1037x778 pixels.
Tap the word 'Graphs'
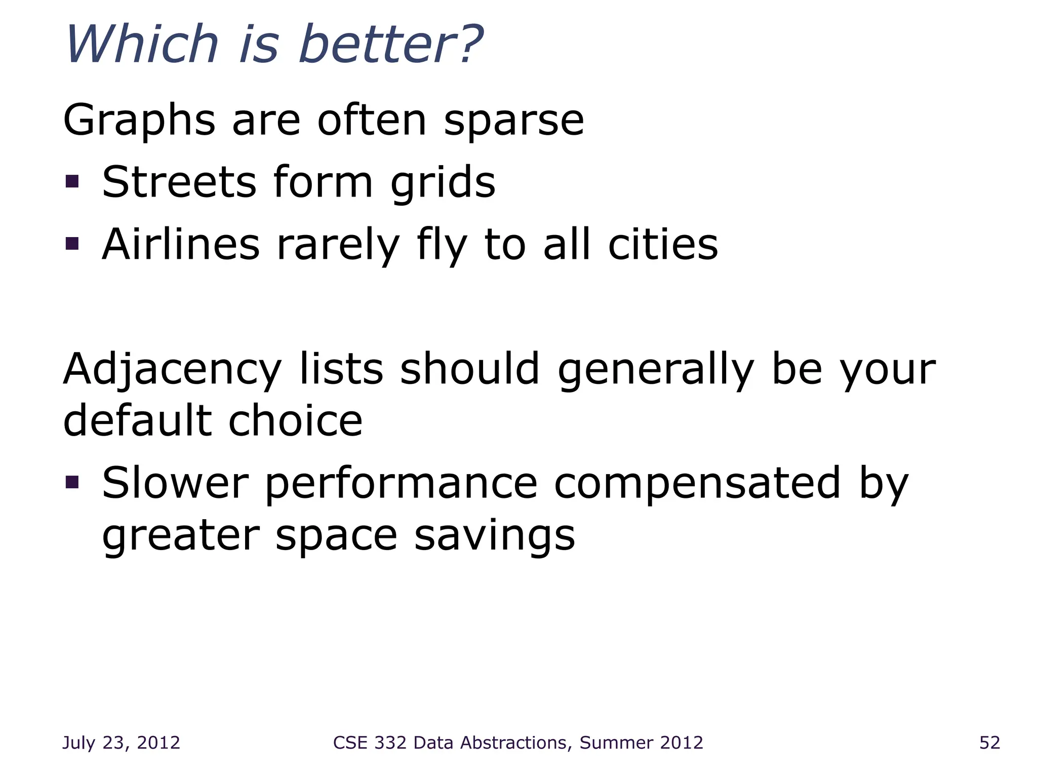pyautogui.click(x=139, y=122)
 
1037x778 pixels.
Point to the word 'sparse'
pyautogui.click(x=513, y=122)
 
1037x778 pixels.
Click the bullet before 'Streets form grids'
pyautogui.click(x=72, y=181)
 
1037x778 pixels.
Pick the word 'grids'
pyautogui.click(x=443, y=183)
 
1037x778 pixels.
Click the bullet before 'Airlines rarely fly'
pyautogui.click(x=72, y=244)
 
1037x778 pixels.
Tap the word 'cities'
pyautogui.click(x=663, y=245)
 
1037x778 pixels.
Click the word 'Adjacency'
pyautogui.click(x=172, y=370)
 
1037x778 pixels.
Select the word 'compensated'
pyautogui.click(x=697, y=484)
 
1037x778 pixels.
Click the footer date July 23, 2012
pyautogui.click(x=121, y=743)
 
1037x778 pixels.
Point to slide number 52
pyautogui.click(x=989, y=743)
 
